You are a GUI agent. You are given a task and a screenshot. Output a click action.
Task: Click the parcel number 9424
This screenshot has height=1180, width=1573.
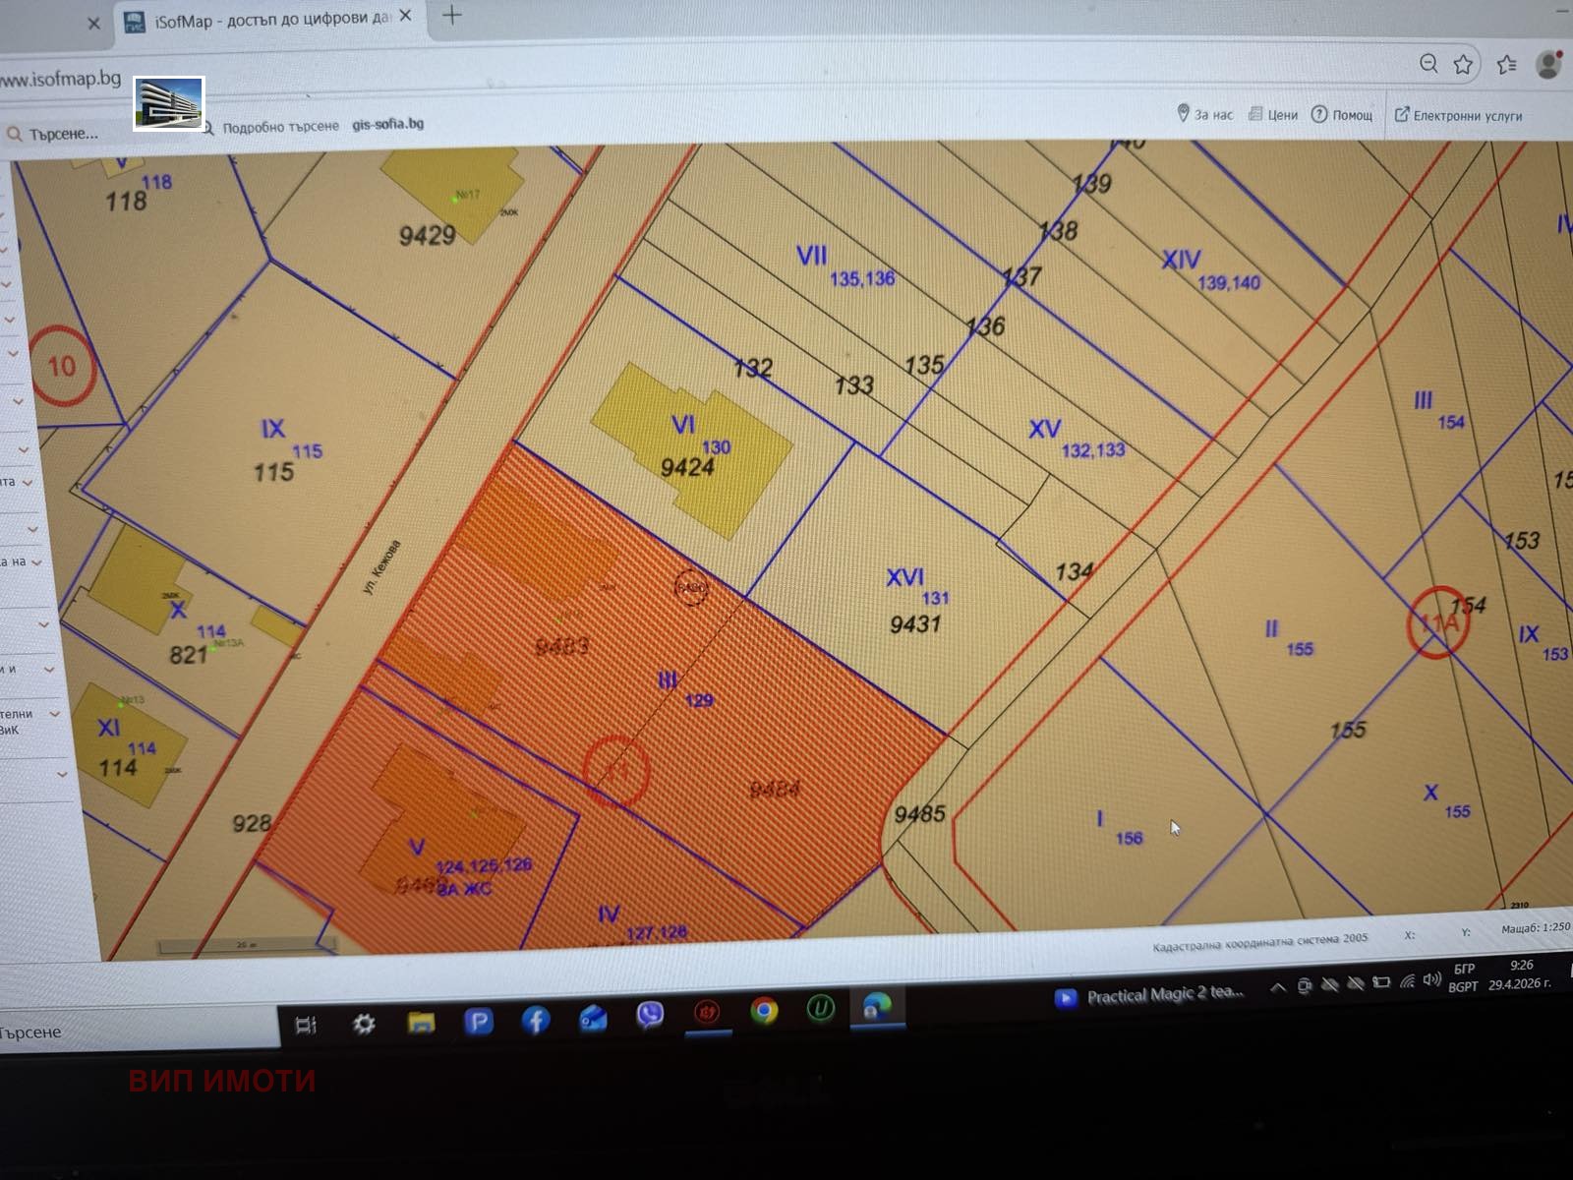tap(687, 467)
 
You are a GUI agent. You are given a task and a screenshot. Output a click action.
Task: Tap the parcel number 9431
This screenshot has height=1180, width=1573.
tap(915, 623)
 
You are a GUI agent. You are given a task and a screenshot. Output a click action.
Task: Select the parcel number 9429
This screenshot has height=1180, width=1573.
tap(427, 235)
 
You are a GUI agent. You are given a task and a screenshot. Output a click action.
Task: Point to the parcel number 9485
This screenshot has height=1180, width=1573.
tap(919, 813)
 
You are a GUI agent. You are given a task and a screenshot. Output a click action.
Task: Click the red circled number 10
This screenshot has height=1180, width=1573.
tap(61, 367)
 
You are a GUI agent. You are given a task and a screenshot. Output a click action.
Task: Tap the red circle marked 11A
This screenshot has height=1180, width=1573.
tap(1437, 622)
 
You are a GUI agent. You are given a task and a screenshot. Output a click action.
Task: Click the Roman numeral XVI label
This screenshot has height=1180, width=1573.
tap(904, 577)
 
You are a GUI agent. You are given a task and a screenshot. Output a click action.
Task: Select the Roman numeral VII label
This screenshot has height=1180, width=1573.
tap(811, 256)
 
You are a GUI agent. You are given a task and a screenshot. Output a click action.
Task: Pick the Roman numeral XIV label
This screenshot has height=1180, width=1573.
tap(1181, 260)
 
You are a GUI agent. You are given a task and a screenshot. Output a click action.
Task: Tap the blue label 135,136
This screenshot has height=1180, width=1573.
tap(862, 279)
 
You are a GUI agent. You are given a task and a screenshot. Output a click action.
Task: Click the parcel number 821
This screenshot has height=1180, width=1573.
tap(188, 655)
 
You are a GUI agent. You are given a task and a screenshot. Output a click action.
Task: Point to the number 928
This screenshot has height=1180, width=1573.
tap(252, 822)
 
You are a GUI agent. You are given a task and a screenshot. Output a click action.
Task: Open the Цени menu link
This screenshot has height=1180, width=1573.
tap(1274, 115)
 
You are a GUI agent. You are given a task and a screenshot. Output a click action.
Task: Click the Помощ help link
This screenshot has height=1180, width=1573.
tap(1343, 115)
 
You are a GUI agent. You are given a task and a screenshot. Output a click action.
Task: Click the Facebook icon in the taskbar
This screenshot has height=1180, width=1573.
tap(536, 1022)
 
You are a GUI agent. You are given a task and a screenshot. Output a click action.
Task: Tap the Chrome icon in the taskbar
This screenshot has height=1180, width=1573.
tap(764, 1011)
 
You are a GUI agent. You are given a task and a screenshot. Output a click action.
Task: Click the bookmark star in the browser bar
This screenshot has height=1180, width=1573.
tap(1463, 65)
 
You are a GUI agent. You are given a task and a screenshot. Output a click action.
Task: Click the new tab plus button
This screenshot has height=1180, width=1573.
tap(452, 15)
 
